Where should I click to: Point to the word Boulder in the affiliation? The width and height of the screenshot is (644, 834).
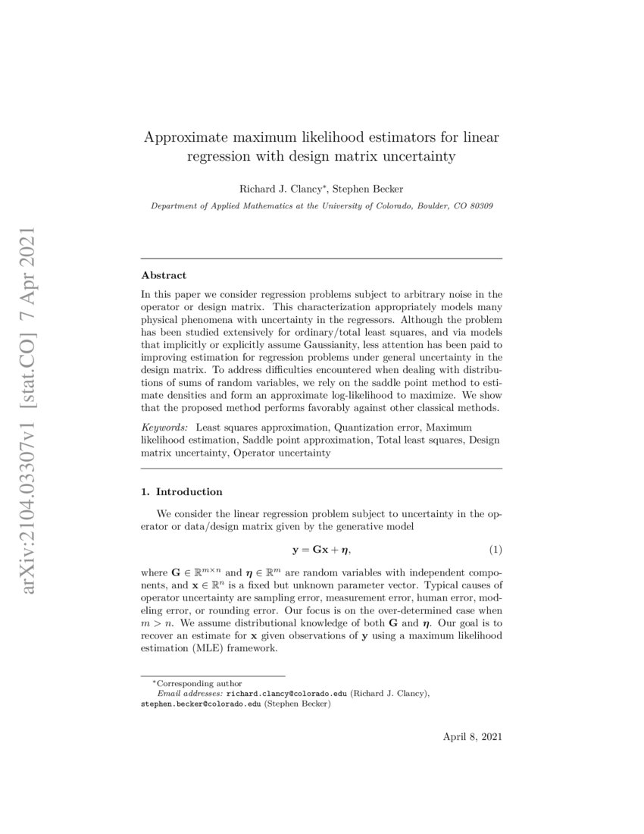[x=411, y=205]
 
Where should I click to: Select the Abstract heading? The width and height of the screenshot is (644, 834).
[x=164, y=275]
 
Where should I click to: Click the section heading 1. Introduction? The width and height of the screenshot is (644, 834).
[x=182, y=491]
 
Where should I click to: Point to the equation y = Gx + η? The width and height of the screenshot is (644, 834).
[x=322, y=548]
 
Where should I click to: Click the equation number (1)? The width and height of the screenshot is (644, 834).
[x=494, y=548]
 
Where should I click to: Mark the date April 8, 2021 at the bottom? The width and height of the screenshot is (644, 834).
[x=472, y=736]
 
